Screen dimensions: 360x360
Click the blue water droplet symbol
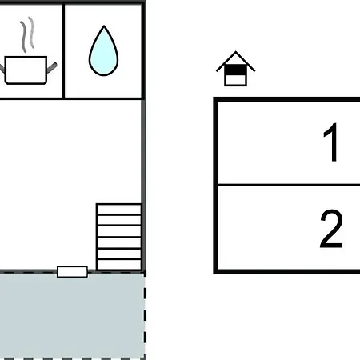click(x=103, y=52)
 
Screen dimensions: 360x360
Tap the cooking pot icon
click(x=26, y=70)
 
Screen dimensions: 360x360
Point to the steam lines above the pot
click(x=28, y=34)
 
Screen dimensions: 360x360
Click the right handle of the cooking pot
click(x=52, y=67)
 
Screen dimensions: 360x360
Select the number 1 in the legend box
click(x=330, y=142)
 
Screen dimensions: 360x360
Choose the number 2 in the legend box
click(x=331, y=229)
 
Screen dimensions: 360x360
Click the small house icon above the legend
click(x=235, y=69)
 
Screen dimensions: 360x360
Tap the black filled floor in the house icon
click(x=235, y=70)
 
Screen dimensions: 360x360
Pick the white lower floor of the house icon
click(x=235, y=80)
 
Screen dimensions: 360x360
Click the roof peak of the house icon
click(x=235, y=52)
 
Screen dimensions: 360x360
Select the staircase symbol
click(x=119, y=237)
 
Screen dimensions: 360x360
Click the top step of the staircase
click(x=119, y=209)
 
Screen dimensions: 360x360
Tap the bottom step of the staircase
click(x=119, y=265)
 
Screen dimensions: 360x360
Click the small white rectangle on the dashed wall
click(x=72, y=272)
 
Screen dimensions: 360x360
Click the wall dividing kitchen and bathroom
click(x=63, y=51)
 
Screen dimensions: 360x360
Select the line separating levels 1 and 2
click(x=289, y=184)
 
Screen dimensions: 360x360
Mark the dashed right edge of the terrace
click(x=145, y=314)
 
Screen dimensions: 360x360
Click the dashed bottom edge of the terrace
click(x=73, y=358)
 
